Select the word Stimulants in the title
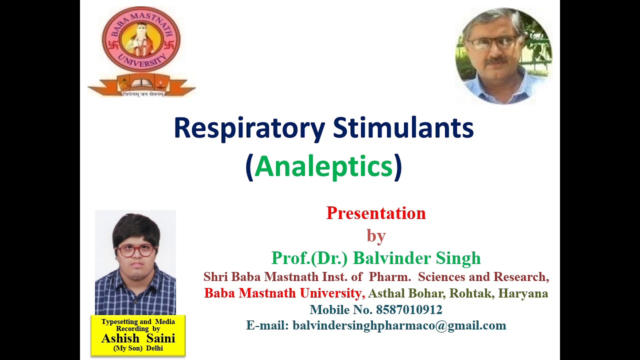pos(403,128)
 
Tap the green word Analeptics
pos(323,166)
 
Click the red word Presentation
pos(376,213)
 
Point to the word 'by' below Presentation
pos(376,235)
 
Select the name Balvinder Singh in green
pos(416,258)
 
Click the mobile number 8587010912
pos(409,310)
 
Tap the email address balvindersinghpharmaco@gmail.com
pos(399,325)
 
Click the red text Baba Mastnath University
pos(283,293)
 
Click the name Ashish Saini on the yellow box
pos(138,338)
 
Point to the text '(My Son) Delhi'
pos(138,348)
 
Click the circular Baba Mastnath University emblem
pos(141,40)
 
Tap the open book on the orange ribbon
pos(141,82)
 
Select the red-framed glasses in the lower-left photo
pos(135,250)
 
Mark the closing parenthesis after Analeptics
pos(398,166)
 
